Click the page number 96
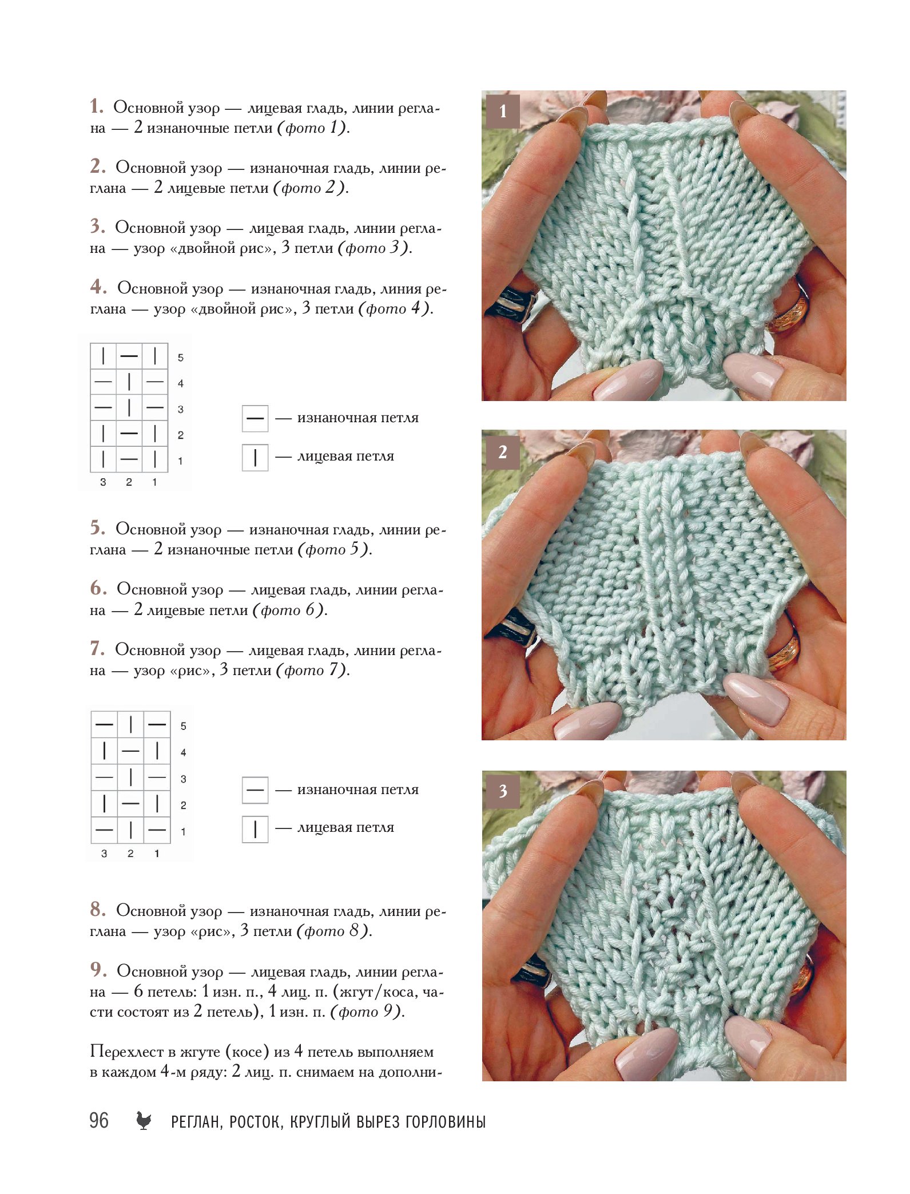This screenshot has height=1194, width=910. [x=98, y=1120]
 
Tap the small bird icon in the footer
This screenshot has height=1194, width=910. [x=144, y=1120]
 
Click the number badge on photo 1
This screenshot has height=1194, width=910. [x=503, y=111]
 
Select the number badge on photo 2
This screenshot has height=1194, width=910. [x=503, y=452]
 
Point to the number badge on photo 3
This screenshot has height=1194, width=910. [x=503, y=791]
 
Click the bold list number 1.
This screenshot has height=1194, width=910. [x=97, y=106]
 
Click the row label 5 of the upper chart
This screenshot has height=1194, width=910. [x=181, y=358]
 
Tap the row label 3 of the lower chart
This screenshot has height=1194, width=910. [x=184, y=779]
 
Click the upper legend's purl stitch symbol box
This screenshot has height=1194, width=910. [x=255, y=418]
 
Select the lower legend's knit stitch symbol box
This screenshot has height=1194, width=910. [x=255, y=829]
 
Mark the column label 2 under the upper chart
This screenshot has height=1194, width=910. [x=129, y=482]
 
